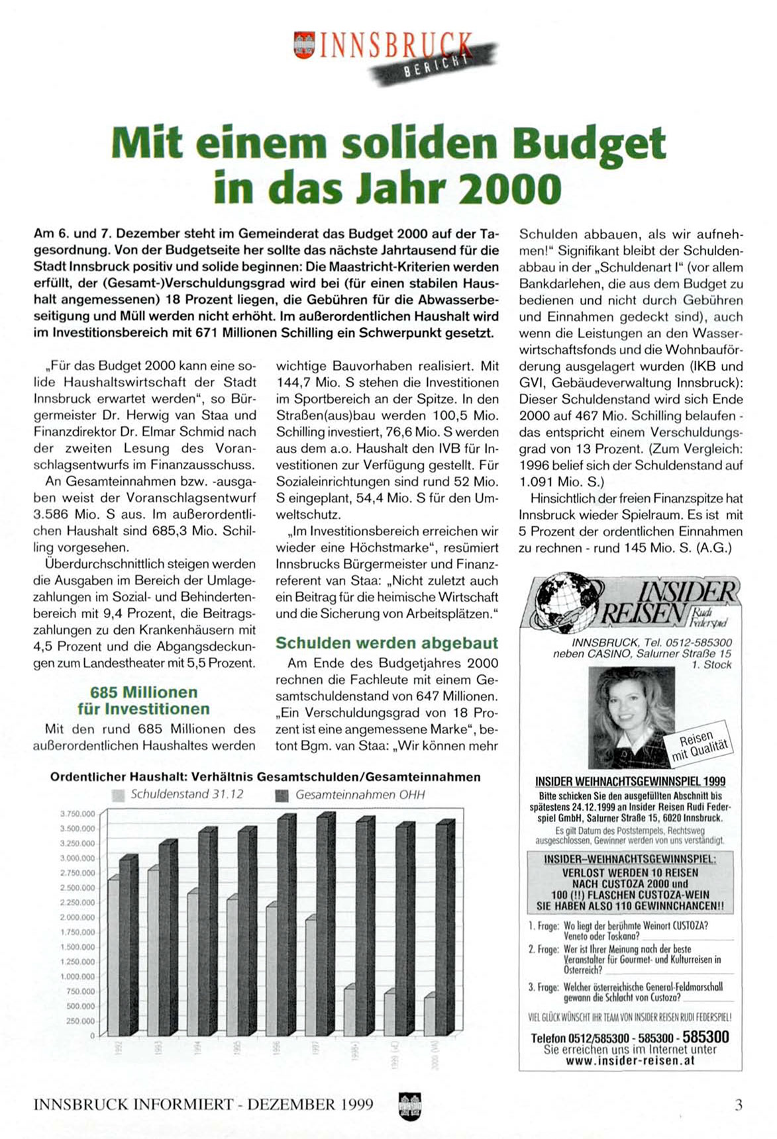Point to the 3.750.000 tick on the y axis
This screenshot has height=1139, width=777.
pos(78,814)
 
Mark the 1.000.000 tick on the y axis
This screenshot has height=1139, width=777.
pos(78,977)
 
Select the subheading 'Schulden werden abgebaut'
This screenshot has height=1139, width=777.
pos(387,643)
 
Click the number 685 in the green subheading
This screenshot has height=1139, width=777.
pos(104,692)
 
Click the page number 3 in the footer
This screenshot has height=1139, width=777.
pos(739,1104)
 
